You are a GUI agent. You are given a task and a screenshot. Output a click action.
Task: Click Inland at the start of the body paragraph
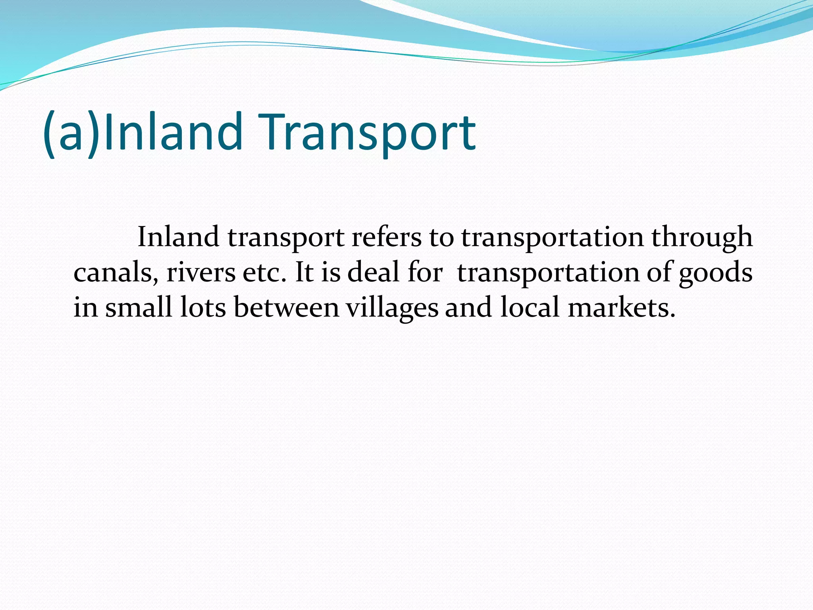click(178, 237)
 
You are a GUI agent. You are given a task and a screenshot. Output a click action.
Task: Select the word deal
click(373, 273)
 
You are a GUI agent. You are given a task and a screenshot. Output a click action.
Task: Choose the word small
click(139, 307)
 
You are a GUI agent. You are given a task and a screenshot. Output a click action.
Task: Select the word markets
click(621, 308)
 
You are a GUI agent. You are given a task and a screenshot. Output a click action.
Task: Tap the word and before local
click(468, 308)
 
